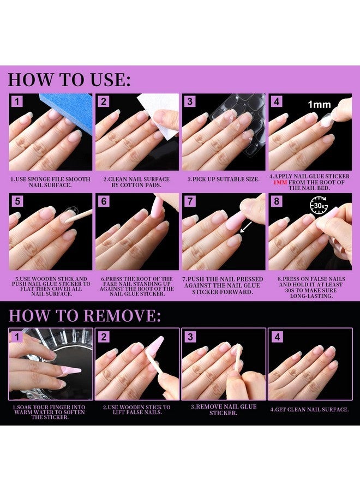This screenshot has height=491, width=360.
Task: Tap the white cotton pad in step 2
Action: click(158, 116)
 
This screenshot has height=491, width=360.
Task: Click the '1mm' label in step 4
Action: click(319, 104)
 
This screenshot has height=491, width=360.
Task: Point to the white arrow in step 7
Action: click(246, 227)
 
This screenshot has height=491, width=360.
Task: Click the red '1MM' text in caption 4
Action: click(280, 182)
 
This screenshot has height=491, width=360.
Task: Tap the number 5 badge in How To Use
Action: click(17, 201)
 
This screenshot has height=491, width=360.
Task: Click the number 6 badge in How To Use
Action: click(104, 201)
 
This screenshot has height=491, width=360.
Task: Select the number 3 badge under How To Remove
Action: click(190, 337)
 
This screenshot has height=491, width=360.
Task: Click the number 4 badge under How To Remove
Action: click(277, 337)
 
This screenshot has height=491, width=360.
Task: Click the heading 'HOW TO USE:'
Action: click(69, 80)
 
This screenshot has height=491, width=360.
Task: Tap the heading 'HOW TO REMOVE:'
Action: click(85, 315)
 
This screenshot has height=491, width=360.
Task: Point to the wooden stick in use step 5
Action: click(79, 216)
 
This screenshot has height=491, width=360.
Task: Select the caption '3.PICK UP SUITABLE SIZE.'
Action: click(224, 179)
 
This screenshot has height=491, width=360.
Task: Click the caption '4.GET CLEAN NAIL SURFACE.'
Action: click(310, 410)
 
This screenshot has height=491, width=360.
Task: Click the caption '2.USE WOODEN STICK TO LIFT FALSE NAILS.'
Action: click(137, 410)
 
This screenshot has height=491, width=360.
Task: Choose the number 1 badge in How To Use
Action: click(17, 101)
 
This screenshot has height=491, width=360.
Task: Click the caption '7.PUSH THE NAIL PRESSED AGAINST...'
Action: click(223, 285)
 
